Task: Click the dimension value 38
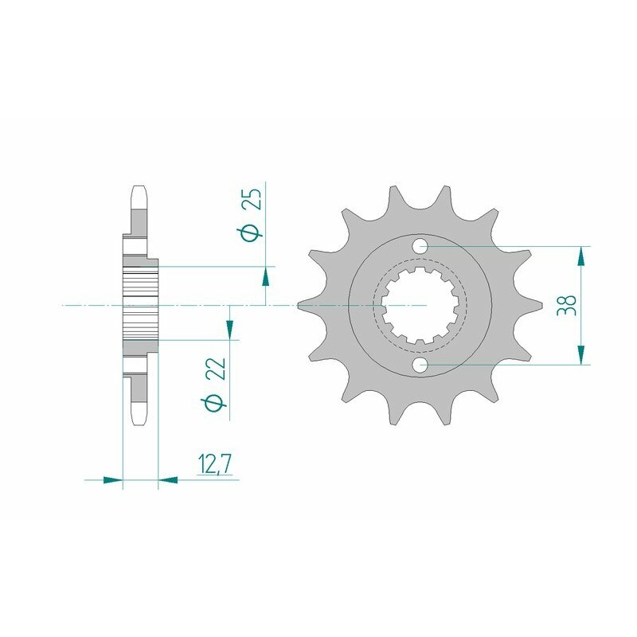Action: click(567, 305)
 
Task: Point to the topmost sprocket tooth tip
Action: click(392, 189)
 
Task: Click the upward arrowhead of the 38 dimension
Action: click(582, 255)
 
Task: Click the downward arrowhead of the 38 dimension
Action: click(582, 355)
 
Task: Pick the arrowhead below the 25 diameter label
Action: click(264, 276)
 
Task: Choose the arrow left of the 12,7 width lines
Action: click(113, 480)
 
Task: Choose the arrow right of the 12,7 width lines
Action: click(169, 480)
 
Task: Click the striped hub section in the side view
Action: click(140, 305)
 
